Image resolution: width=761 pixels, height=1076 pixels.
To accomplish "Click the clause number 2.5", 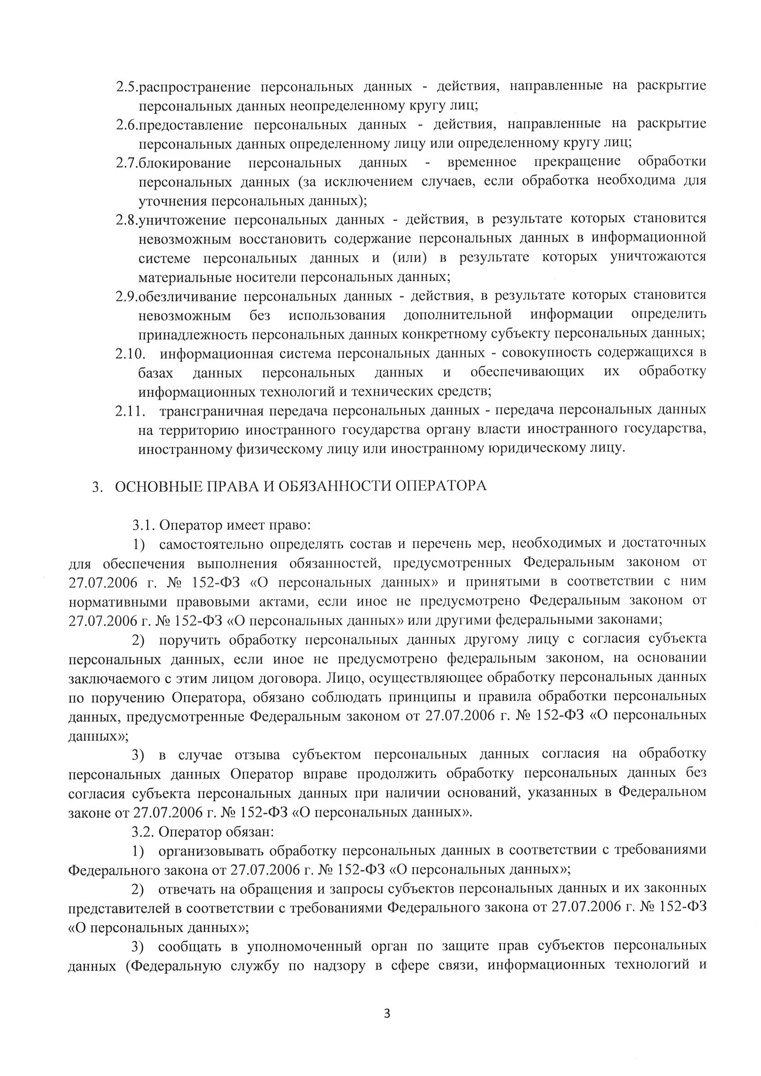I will pyautogui.click(x=127, y=87).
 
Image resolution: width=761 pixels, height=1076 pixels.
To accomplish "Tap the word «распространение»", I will pyautogui.click(x=194, y=87).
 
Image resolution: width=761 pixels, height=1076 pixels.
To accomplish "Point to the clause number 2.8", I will pyautogui.click(x=127, y=220).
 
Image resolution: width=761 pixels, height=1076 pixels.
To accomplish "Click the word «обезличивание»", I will pyautogui.click(x=187, y=297).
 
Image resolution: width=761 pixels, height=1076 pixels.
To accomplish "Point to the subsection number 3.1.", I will pyautogui.click(x=144, y=526).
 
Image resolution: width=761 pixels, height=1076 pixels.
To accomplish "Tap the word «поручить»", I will pyautogui.click(x=189, y=640).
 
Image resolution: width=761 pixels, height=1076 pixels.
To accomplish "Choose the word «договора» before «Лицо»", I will pyautogui.click(x=290, y=678).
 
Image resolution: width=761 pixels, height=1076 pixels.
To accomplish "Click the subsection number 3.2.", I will pyautogui.click(x=143, y=832).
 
